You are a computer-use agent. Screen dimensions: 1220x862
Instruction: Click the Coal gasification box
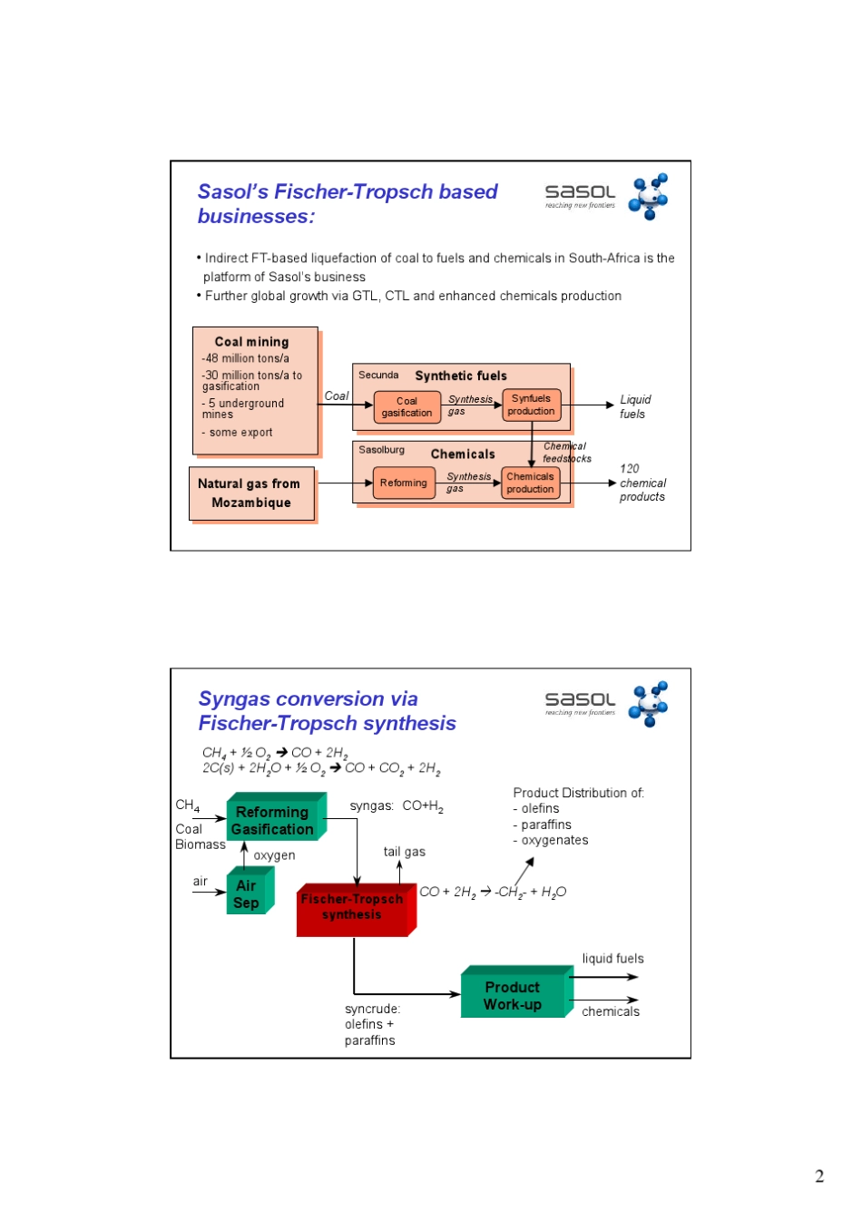click(407, 407)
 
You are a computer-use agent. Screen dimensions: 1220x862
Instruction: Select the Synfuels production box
click(531, 405)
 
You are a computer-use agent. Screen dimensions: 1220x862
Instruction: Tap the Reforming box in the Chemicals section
click(403, 483)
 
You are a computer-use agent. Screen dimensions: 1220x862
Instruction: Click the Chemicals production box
click(530, 483)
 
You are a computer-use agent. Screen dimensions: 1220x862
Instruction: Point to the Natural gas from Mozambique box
click(251, 493)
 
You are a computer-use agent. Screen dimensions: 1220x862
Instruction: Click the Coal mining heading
click(251, 342)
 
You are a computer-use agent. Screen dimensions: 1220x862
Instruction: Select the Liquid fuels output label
click(634, 406)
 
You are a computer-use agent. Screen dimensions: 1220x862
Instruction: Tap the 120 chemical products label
click(642, 483)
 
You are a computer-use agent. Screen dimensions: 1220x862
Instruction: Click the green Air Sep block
click(247, 894)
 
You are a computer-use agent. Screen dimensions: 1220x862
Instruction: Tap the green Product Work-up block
click(514, 995)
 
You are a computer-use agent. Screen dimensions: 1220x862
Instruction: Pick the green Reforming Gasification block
click(272, 820)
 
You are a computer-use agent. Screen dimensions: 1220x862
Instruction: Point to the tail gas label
click(404, 852)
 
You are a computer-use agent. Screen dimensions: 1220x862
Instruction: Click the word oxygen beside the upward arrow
click(274, 855)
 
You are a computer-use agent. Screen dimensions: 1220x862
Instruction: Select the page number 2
click(819, 1176)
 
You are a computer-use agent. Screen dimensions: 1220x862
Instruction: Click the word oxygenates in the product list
click(554, 841)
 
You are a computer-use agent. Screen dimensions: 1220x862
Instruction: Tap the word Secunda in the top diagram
click(378, 375)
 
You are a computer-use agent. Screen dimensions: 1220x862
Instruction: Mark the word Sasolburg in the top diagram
click(381, 450)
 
